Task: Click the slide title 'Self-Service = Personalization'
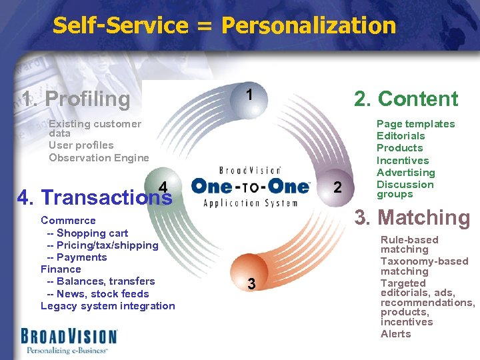(224, 26)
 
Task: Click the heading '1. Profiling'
(76, 99)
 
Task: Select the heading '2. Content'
(406, 99)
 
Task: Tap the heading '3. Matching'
(412, 217)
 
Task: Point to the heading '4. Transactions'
(94, 197)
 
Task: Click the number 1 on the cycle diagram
(249, 95)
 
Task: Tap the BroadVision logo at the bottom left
(69, 339)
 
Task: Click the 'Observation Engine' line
(99, 157)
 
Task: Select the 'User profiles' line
(81, 145)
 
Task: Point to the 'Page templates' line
(415, 124)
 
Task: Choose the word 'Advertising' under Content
(405, 173)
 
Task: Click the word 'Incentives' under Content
(403, 160)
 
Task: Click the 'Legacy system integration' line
(107, 306)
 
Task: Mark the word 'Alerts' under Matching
(396, 334)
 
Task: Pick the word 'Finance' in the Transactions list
(61, 269)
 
